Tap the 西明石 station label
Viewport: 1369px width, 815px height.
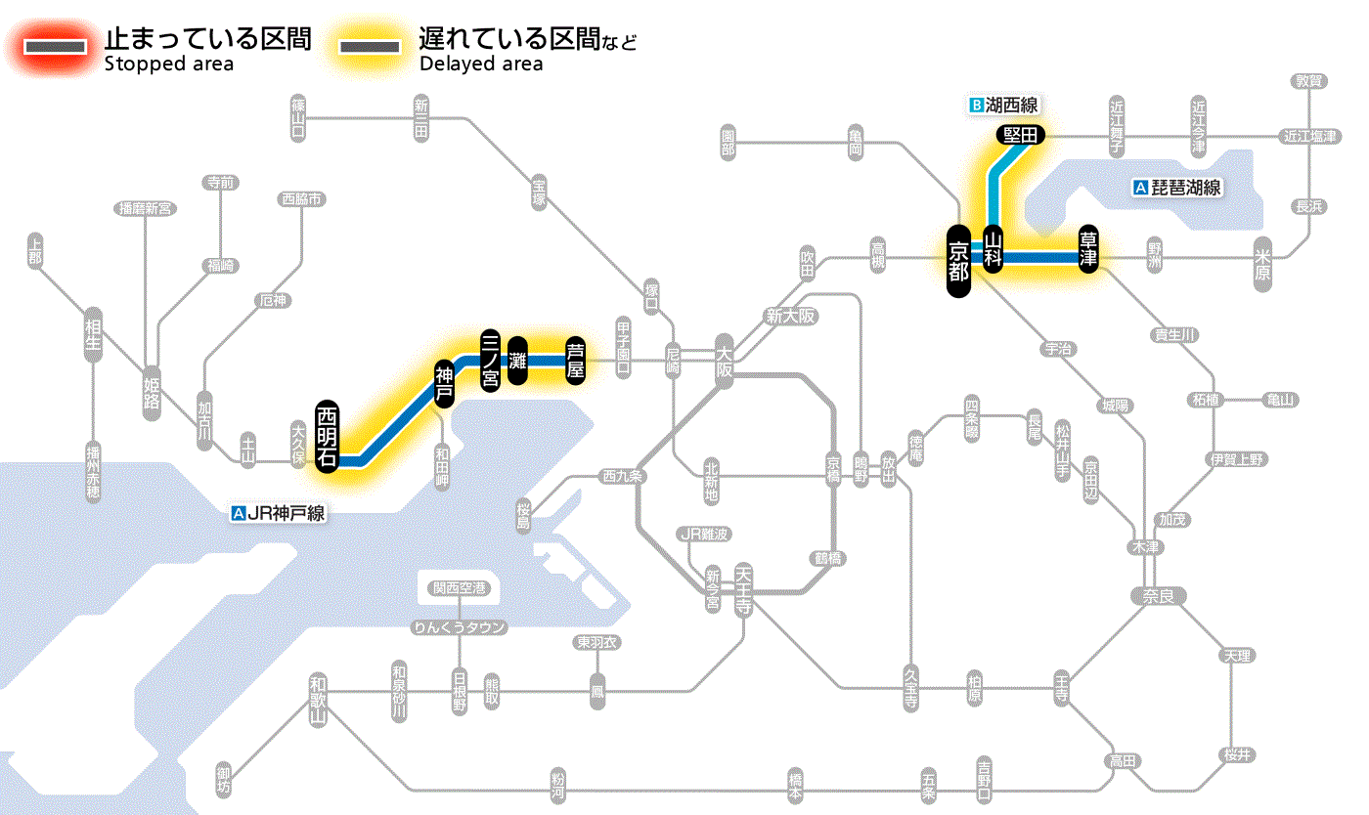click(328, 436)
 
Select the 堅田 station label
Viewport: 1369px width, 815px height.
click(1020, 136)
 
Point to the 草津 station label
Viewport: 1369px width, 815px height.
click(1088, 249)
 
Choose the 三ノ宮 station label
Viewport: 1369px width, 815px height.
click(490, 360)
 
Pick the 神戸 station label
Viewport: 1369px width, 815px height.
click(445, 383)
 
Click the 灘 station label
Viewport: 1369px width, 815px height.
click(518, 361)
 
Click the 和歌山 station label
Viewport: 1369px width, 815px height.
click(317, 700)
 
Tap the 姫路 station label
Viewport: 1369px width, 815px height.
click(152, 394)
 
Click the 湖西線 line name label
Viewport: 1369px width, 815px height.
click(1003, 105)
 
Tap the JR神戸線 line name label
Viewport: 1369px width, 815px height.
click(279, 512)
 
